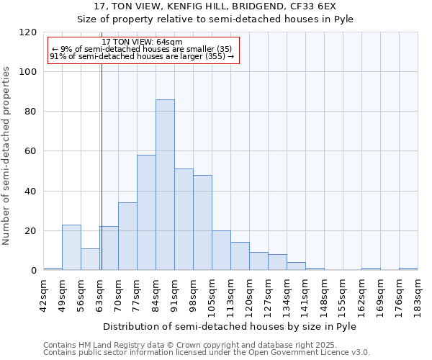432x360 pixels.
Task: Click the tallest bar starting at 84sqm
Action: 165,185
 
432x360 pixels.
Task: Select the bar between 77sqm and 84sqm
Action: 146,212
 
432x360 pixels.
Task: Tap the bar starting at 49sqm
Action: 71,248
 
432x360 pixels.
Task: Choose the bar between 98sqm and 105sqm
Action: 202,222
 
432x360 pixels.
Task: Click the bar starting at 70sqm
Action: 127,236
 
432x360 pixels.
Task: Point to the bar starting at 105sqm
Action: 221,251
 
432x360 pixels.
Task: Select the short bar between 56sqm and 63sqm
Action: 90,259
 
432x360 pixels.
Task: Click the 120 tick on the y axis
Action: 28,32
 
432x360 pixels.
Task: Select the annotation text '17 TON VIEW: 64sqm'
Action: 143,42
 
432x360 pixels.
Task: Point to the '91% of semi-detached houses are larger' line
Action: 143,56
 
